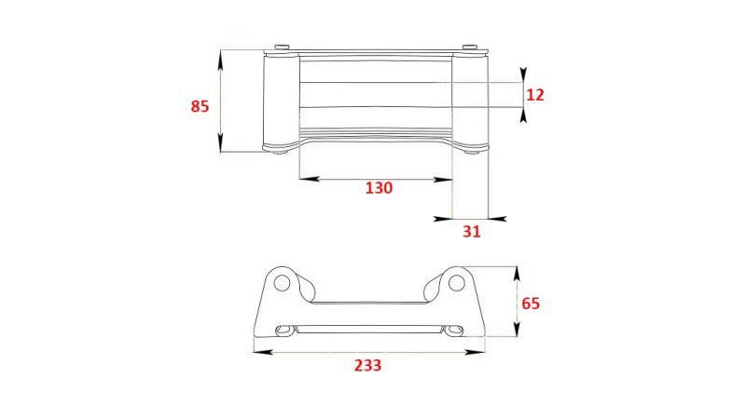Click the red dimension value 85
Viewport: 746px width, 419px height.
200,106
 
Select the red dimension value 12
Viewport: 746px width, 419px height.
535,95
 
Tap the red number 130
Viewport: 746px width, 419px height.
380,188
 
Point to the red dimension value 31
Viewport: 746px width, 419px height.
472,231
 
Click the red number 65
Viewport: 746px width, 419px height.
531,304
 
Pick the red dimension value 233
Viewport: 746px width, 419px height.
367,365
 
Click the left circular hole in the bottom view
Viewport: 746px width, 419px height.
283,283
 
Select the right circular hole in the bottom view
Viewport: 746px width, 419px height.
456,283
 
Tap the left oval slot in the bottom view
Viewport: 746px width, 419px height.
286,330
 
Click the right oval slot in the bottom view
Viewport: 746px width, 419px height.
453,330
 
